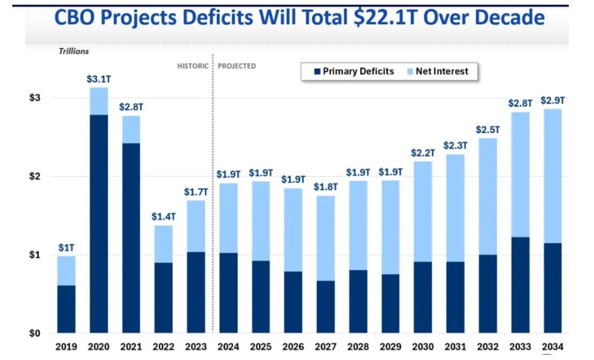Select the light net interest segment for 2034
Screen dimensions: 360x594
[552, 176]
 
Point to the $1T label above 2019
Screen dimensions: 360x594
[66, 248]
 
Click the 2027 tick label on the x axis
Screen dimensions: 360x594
[325, 347]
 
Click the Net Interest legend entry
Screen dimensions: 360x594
[442, 72]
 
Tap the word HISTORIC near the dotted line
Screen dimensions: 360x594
[193, 66]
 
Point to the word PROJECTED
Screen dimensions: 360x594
[237, 66]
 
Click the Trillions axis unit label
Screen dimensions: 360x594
[73, 51]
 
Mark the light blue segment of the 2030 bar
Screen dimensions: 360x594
[423, 211]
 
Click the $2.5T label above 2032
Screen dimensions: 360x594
[488, 129]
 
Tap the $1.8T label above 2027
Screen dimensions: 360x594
[325, 187]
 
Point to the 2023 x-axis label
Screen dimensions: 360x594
[195, 347]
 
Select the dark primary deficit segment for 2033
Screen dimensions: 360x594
[520, 285]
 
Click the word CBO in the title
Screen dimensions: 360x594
[76, 18]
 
